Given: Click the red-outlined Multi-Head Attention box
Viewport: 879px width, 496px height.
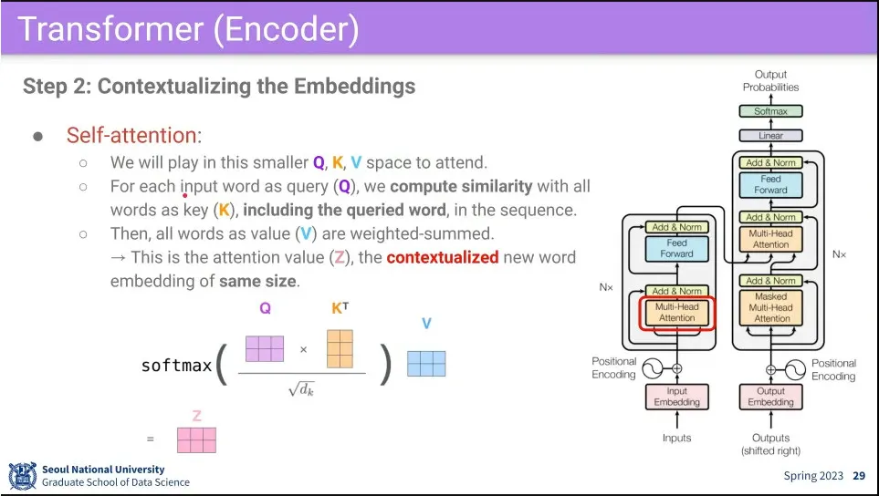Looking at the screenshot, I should point(676,313).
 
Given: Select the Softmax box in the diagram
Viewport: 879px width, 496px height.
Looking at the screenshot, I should point(770,111).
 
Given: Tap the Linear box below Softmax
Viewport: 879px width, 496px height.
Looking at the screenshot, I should point(770,136).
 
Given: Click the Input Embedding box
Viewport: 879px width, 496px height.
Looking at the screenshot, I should point(676,397).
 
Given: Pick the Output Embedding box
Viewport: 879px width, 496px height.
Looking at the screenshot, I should point(770,397).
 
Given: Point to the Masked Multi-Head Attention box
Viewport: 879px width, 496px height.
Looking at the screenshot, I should point(771,307).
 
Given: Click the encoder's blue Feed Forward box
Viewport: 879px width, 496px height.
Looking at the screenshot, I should point(676,248).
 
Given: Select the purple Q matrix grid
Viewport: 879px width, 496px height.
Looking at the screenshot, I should point(265,349).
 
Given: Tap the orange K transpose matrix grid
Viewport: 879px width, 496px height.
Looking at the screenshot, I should point(340,348).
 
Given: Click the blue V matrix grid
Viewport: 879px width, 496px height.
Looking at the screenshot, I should point(426,364).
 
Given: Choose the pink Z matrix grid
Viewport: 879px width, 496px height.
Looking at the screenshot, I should point(196,440).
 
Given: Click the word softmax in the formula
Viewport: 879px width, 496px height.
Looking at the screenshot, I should point(176,366).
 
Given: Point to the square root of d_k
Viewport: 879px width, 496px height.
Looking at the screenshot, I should point(302,390).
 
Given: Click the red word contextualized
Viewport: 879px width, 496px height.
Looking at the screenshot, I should point(442,257).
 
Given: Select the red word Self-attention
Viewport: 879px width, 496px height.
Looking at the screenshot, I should point(131,136).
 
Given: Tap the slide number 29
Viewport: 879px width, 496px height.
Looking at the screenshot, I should point(859,476).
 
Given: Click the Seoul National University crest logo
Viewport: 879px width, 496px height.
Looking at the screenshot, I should point(22,475).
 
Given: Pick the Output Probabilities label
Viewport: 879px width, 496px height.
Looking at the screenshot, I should point(770,80).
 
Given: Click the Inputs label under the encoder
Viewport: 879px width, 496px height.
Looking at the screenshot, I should point(676,439).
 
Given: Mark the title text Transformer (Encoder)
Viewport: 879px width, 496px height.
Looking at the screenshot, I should point(187,29).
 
